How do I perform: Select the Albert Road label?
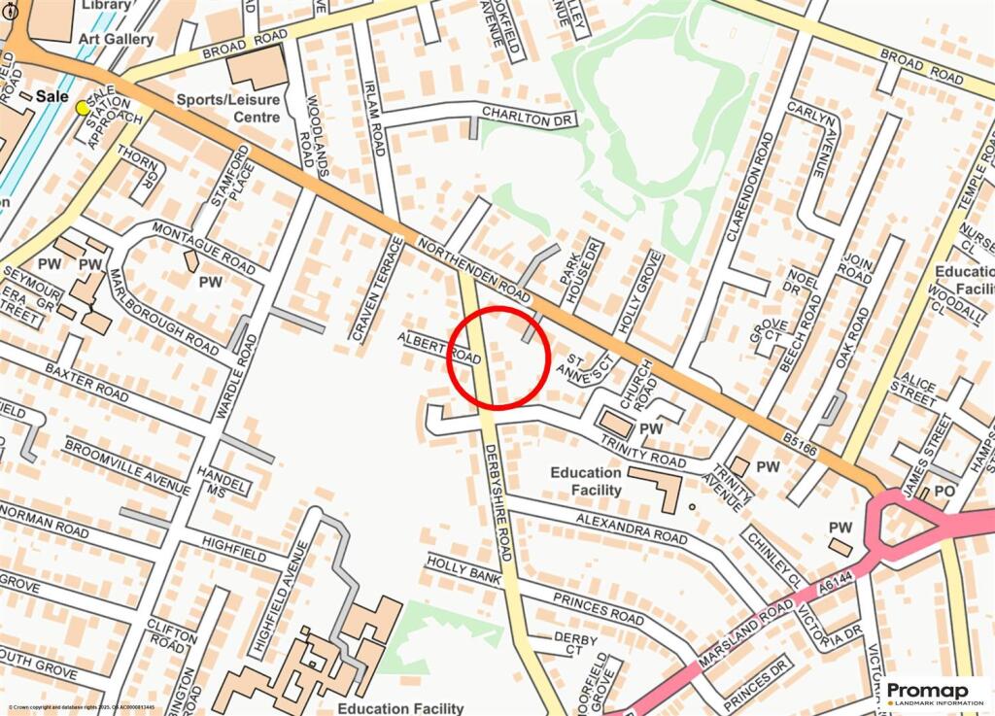pos(439,347)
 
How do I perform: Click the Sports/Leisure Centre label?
pos(228,108)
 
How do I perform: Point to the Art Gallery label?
pos(118,39)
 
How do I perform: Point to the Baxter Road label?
pos(86,385)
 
